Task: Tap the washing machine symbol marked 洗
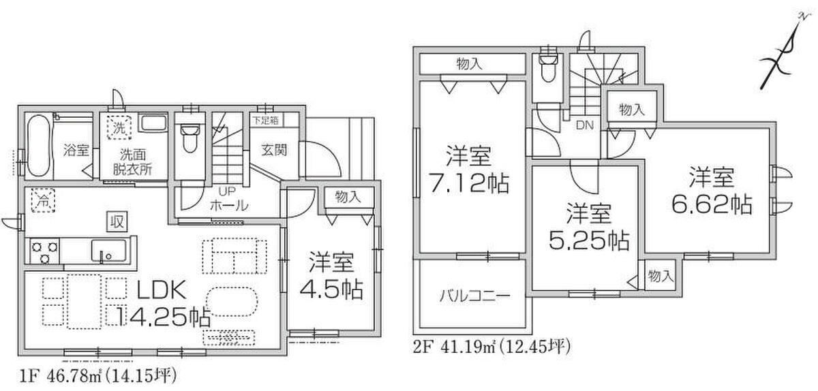coord(119,127)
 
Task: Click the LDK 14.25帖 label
coord(162,303)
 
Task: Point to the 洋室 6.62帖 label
coord(711,191)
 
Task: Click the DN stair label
coord(585,125)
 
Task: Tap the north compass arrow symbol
coord(785,54)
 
